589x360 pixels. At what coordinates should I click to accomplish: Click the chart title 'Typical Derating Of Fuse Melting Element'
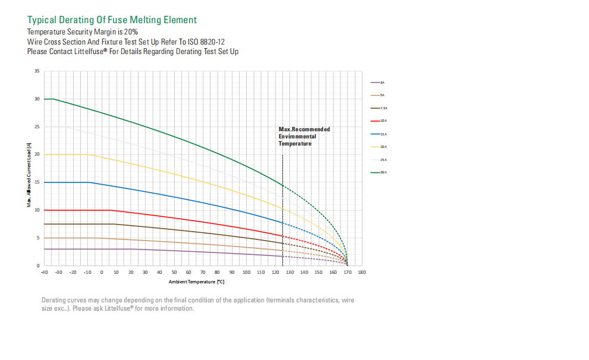pos(112,20)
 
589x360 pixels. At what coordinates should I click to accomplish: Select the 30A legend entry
pos(378,172)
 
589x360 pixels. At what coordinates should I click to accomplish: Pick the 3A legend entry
pos(378,83)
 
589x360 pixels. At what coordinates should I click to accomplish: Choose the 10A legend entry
pos(378,121)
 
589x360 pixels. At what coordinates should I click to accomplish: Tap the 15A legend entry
pos(378,134)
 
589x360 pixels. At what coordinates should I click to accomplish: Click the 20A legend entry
pos(378,147)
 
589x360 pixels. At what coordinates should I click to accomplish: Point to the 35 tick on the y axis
pos(37,71)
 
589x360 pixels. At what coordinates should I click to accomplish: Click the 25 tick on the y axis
pos(37,127)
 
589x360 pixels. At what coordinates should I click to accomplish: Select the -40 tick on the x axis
pos(44,272)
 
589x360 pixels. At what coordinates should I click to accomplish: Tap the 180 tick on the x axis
pos(362,272)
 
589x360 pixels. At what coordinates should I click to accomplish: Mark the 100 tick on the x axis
pos(246,272)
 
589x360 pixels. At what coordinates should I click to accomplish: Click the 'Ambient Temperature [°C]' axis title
pos(196,282)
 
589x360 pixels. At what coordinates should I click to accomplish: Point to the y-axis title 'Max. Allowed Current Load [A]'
pos(29,173)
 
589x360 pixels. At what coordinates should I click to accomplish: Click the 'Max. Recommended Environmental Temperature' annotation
pos(304,136)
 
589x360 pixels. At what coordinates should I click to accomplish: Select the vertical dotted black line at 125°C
pos(282,208)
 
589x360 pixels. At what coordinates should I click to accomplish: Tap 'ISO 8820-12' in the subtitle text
pos(204,42)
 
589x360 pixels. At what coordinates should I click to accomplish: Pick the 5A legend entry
pos(378,95)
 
